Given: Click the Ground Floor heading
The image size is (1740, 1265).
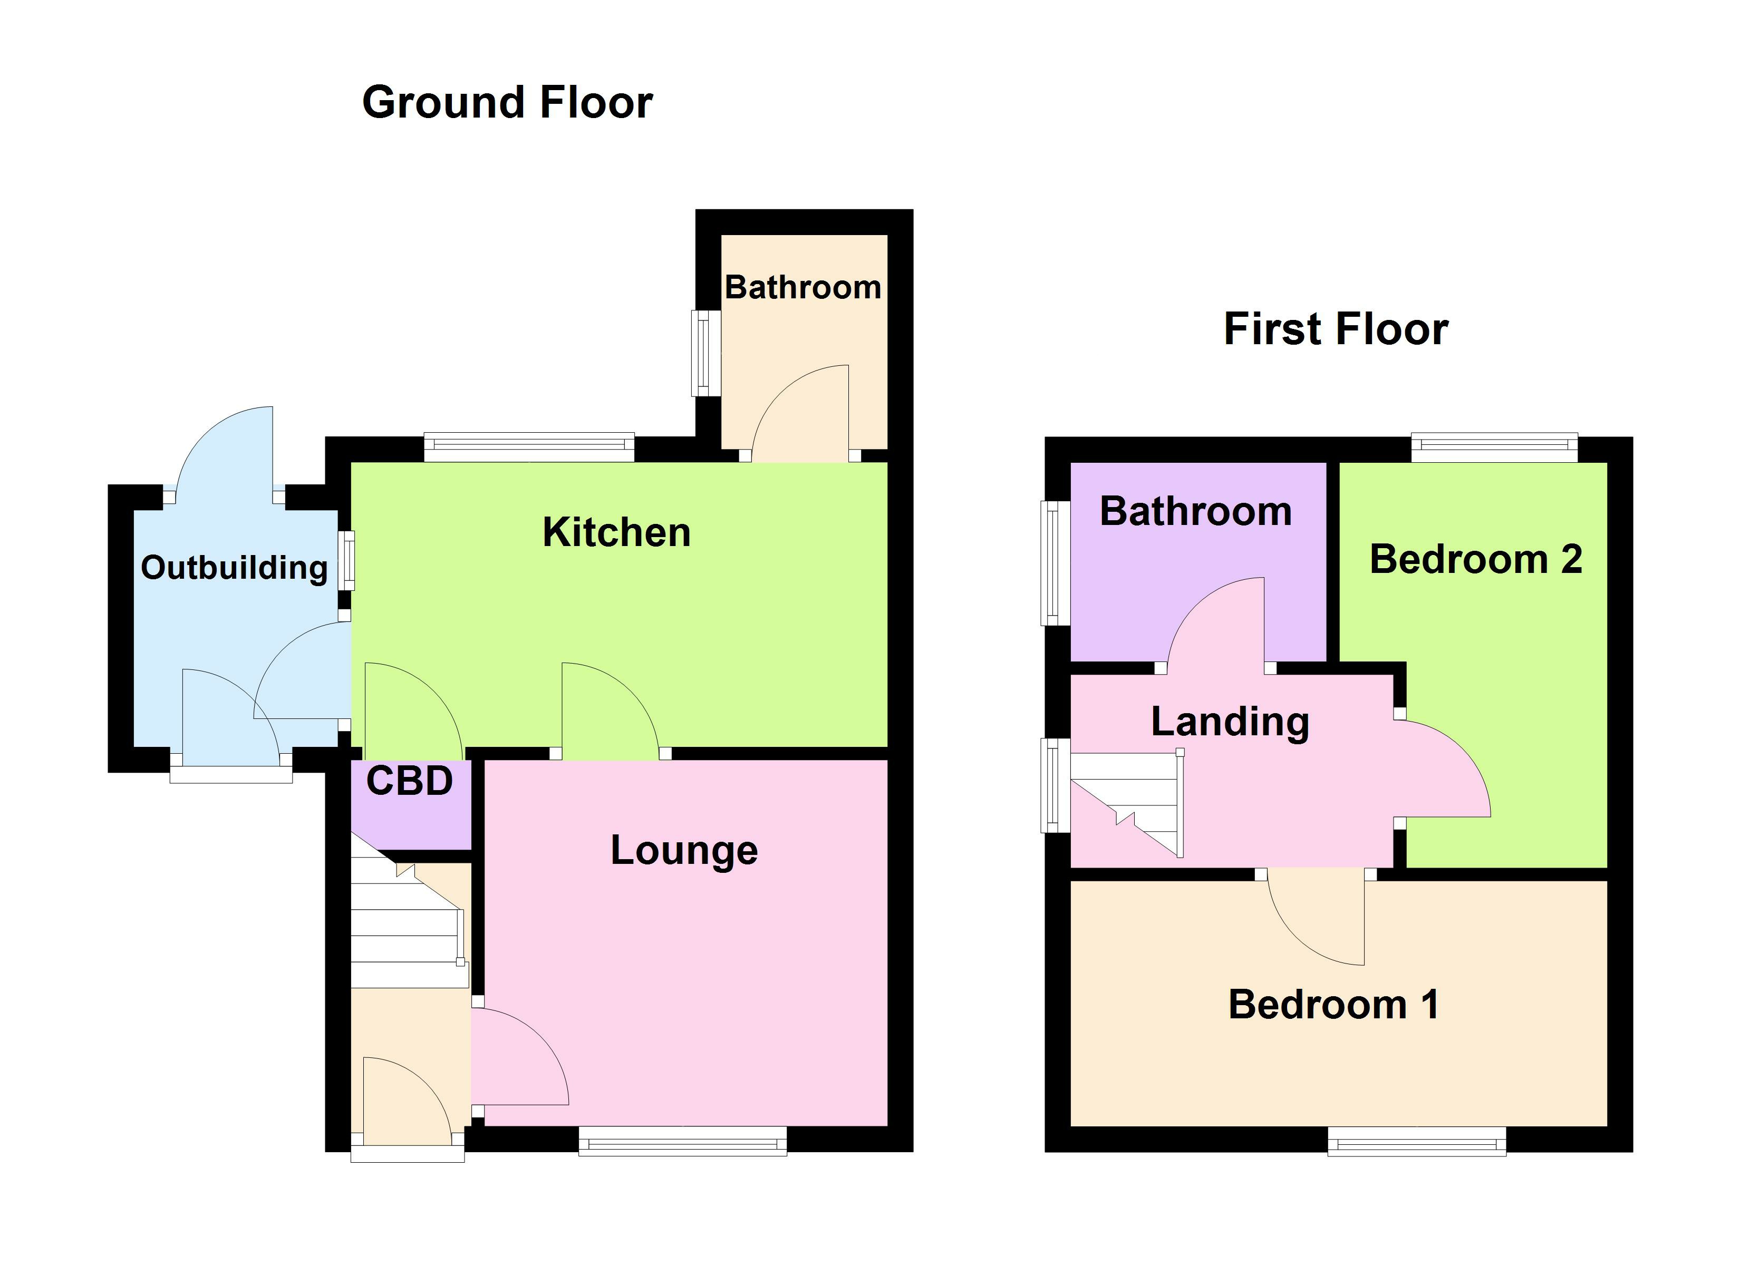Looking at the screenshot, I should pos(507,103).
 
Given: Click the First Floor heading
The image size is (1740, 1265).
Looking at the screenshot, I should pos(1336,329).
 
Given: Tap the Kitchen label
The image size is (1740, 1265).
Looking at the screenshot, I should pos(616,532).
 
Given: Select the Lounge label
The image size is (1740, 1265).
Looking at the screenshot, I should pos(683,850).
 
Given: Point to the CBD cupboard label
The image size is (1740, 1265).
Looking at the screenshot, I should pos(409,781).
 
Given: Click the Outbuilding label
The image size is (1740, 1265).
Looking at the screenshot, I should pos(234,568).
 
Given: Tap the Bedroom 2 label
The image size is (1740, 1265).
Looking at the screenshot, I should pos(1475,559).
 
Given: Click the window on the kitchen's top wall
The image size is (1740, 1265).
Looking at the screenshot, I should pos(529,447).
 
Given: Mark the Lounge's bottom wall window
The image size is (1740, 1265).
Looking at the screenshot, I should pos(682,1140).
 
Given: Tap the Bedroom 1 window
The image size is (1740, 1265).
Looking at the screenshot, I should pos(1416,1140).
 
